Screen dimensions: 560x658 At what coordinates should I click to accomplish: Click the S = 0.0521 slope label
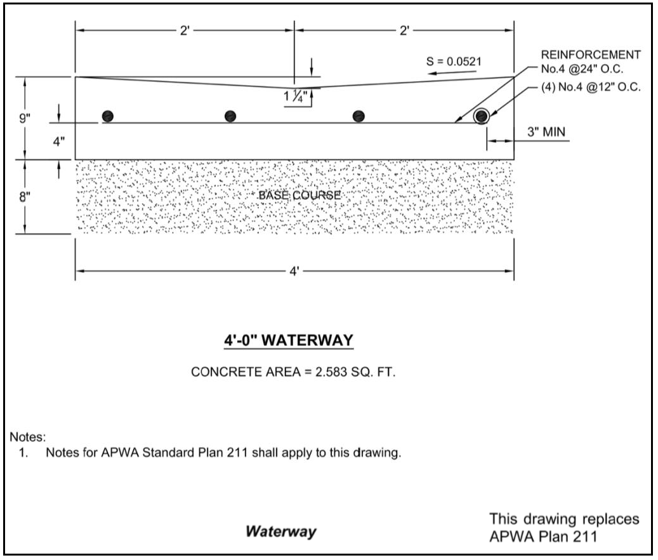coord(454,61)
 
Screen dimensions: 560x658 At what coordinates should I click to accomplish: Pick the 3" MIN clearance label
coord(545,132)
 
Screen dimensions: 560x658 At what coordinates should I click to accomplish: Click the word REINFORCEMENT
coord(591,55)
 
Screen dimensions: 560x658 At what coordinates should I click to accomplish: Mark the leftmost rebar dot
coord(108,116)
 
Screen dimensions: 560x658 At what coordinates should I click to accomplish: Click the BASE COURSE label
coord(299,195)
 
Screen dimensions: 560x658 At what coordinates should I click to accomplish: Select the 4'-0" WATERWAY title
coord(288,341)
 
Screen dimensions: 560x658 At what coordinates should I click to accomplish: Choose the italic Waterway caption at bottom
coord(281,531)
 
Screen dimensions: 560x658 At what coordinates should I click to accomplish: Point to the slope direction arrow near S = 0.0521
coord(448,74)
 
